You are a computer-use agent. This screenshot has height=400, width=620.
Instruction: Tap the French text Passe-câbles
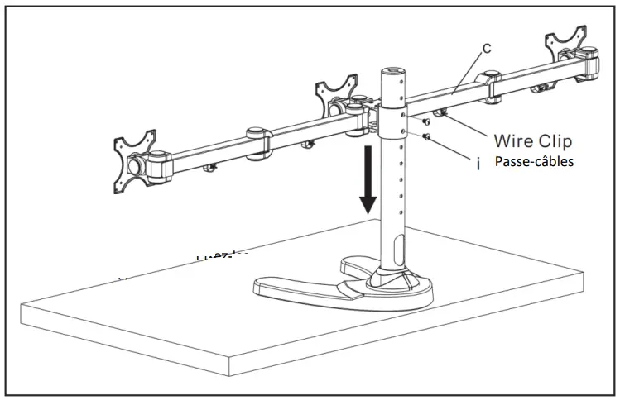[x=533, y=161]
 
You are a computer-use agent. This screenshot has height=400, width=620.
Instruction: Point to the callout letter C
[x=487, y=48]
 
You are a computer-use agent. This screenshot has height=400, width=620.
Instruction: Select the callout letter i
[x=479, y=164]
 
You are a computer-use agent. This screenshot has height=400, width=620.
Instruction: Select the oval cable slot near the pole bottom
[x=401, y=249]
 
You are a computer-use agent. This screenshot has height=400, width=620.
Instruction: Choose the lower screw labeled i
[x=425, y=136]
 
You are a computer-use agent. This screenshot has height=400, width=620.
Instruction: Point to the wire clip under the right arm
[x=440, y=113]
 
